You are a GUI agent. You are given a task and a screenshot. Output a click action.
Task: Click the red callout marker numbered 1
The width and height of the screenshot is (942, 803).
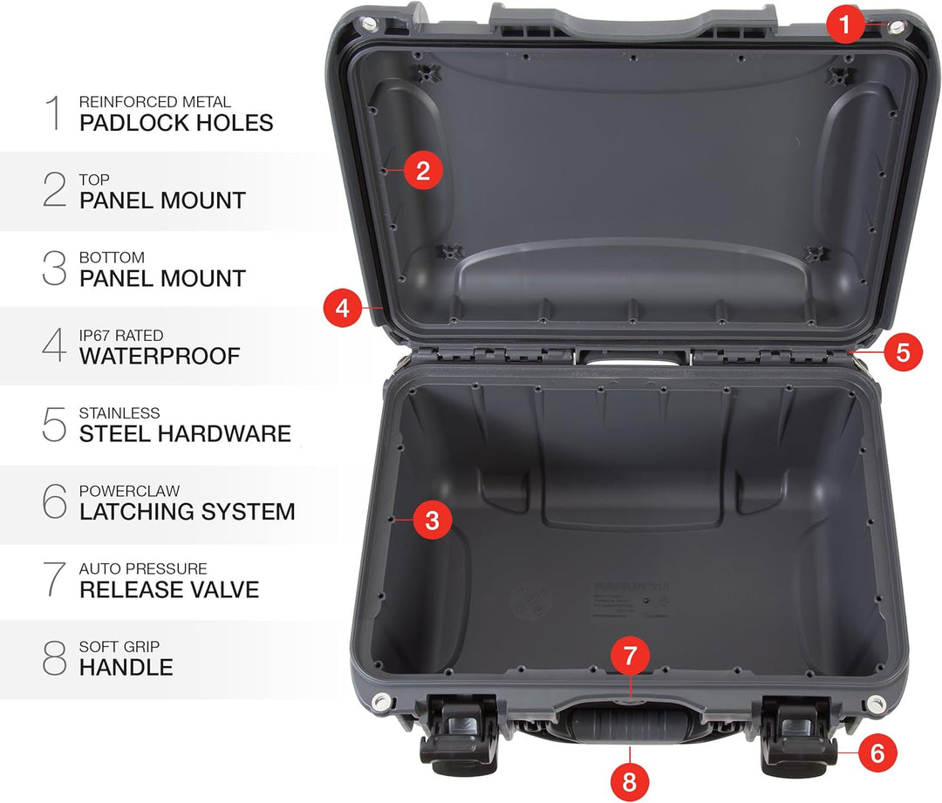coord(843,25)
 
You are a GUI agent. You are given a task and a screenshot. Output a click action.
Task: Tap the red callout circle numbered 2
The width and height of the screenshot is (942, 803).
coord(423,171)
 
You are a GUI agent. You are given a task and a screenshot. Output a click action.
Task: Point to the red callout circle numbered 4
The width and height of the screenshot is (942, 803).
coord(343,308)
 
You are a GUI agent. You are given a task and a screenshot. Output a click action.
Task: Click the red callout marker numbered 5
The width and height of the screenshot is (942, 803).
coord(903,352)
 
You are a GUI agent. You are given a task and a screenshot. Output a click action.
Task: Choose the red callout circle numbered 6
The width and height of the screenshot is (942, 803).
coord(877,752)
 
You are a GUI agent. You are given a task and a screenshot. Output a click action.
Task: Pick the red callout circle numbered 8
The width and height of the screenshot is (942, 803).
coord(630,782)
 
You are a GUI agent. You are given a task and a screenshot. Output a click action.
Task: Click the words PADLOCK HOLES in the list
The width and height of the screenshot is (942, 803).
coord(176,123)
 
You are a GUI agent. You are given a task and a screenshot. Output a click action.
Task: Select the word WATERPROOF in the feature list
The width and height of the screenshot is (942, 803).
coord(160,356)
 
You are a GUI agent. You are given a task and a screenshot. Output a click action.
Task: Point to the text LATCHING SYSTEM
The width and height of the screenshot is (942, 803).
coord(187,512)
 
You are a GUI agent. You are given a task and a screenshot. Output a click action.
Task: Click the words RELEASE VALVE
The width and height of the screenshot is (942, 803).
coord(169,589)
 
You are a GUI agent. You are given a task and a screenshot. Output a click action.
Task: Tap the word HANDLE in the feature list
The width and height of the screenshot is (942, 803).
coord(126,668)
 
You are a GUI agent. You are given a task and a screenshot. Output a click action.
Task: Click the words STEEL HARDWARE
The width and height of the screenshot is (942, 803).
coord(185,433)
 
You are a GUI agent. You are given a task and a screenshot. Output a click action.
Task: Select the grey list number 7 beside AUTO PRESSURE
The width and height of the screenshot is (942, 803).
coord(54,580)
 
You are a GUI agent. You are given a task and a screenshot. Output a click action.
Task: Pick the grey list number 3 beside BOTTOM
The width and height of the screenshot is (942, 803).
coord(54,269)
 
